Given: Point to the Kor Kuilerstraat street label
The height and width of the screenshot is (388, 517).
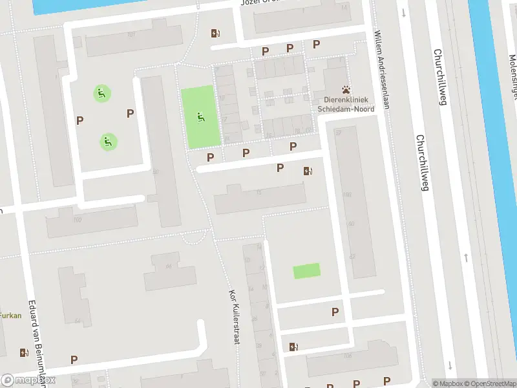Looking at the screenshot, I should (234, 316).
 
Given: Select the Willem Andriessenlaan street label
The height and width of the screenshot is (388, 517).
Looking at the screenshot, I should (382, 70).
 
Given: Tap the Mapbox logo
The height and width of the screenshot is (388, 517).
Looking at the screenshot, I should (28, 380).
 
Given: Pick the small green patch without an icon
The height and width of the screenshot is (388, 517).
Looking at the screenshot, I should (306, 271).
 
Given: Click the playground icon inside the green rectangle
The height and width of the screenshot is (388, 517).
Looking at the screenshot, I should (200, 117).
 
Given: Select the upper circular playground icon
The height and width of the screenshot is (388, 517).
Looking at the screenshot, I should (101, 93).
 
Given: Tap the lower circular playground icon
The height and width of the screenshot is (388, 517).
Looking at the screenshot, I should (108, 140).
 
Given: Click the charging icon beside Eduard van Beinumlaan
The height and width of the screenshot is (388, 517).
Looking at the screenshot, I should (25, 352).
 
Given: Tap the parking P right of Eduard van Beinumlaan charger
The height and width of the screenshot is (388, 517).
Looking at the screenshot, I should (74, 360).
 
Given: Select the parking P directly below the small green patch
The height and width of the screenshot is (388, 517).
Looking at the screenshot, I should (335, 312).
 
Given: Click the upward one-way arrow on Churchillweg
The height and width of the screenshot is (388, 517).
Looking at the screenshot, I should (466, 258).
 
